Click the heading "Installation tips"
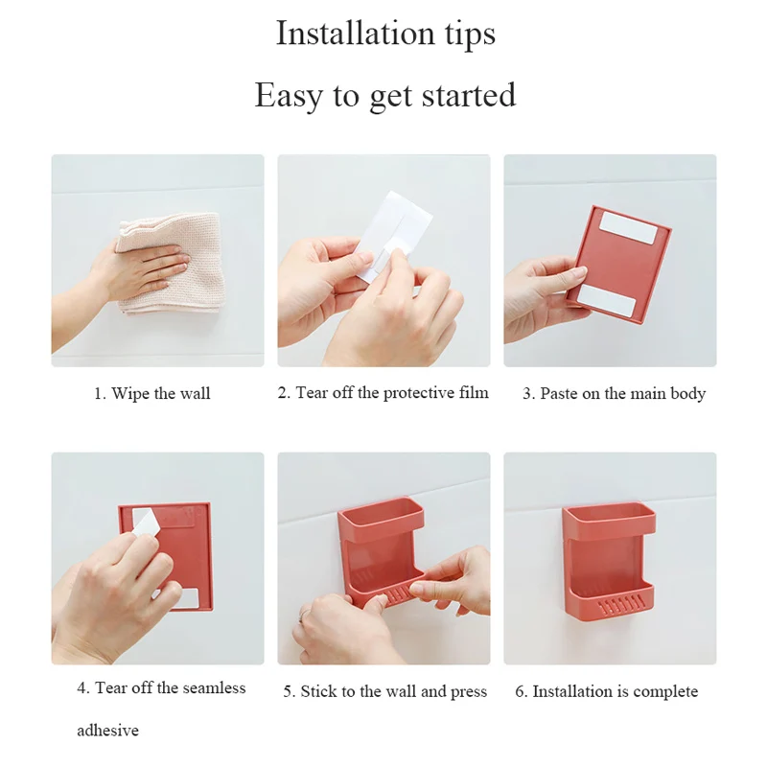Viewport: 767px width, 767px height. click(x=385, y=34)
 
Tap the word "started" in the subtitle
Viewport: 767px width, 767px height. click(x=469, y=95)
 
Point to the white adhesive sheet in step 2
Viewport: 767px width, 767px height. click(x=395, y=235)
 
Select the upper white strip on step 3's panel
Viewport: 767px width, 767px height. click(x=628, y=227)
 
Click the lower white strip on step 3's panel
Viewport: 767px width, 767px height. click(x=607, y=299)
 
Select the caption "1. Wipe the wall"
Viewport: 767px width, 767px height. click(x=152, y=393)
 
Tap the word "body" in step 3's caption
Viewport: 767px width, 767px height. click(x=688, y=394)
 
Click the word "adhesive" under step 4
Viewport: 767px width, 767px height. click(x=107, y=731)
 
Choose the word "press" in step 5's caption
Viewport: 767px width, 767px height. click(x=469, y=692)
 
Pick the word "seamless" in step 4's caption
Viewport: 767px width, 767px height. click(x=214, y=687)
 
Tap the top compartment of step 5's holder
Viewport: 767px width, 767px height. click(x=381, y=519)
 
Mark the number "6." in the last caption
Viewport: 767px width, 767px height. click(x=521, y=691)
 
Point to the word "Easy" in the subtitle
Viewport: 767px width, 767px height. click(x=289, y=95)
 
